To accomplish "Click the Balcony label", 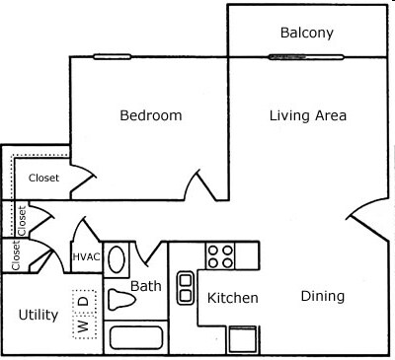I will point(307,33).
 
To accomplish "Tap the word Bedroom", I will point(151,115).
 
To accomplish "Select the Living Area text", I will point(307,115).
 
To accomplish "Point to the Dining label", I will point(322,296).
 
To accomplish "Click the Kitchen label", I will point(233,298).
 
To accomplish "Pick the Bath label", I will point(145,287).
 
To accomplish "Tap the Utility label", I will point(39,316).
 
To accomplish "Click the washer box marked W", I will point(83,322).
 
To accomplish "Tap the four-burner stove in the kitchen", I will point(219,256).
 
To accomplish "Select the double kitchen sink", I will point(185,288).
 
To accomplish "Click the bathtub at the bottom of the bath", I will point(135,338).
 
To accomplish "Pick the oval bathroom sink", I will point(117,260).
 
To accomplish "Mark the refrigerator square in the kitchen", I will point(243,338).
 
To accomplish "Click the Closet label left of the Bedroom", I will point(43,179).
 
